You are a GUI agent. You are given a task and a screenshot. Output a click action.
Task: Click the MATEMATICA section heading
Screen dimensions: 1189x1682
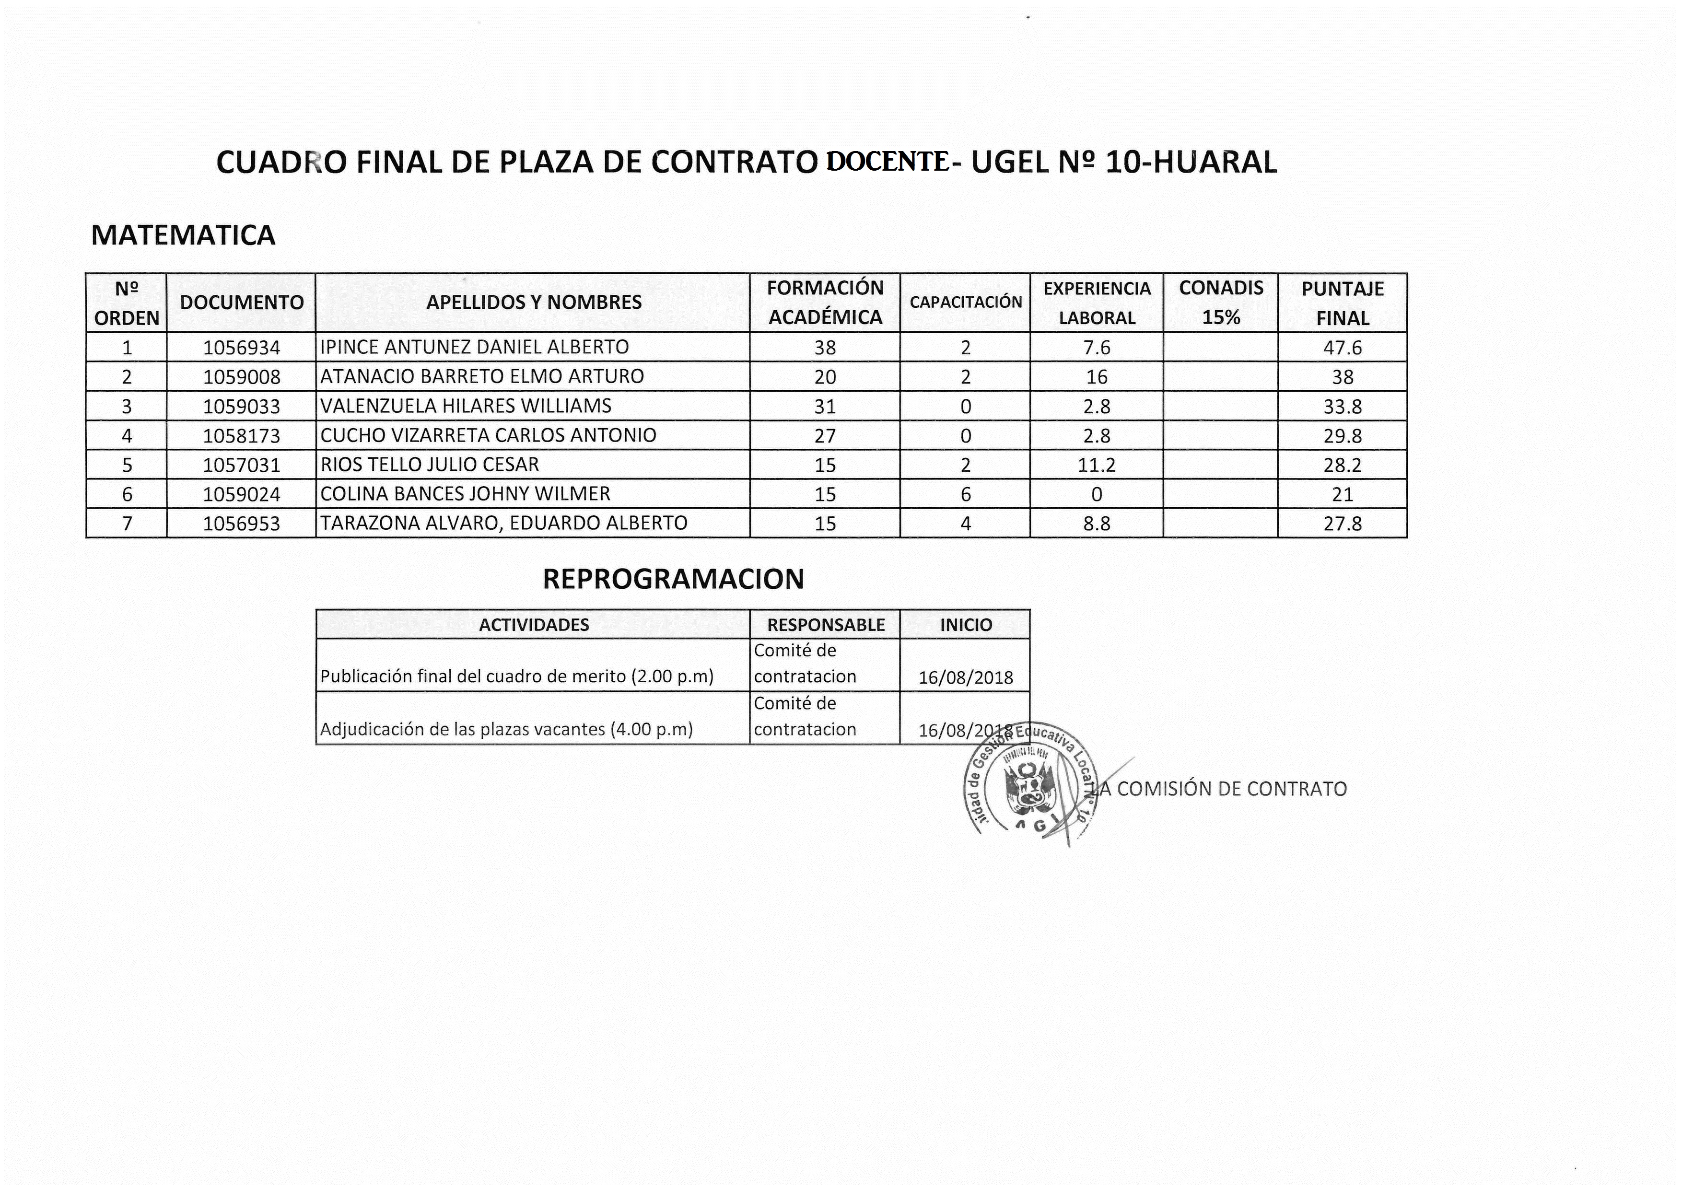(x=183, y=235)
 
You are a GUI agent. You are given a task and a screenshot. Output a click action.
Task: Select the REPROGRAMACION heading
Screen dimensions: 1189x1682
(x=673, y=579)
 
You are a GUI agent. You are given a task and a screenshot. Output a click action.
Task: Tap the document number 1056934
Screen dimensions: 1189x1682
(x=241, y=347)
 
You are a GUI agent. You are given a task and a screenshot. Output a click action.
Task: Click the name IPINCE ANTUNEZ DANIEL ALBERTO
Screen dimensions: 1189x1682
(x=475, y=347)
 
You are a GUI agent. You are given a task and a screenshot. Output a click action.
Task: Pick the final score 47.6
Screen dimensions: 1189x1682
(x=1342, y=347)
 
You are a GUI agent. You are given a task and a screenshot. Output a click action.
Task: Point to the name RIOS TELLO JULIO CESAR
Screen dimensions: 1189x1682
(x=430, y=465)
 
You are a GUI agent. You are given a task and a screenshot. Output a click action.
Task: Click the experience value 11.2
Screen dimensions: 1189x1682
(x=1096, y=465)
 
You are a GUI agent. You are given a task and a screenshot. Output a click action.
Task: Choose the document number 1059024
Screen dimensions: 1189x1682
(x=241, y=494)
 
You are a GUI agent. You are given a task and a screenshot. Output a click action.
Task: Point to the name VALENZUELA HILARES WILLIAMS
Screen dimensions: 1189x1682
(x=466, y=406)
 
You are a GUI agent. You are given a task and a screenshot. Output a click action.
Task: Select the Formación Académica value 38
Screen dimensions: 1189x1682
(x=825, y=347)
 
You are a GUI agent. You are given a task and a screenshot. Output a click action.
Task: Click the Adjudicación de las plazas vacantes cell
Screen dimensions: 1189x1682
(x=506, y=729)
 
